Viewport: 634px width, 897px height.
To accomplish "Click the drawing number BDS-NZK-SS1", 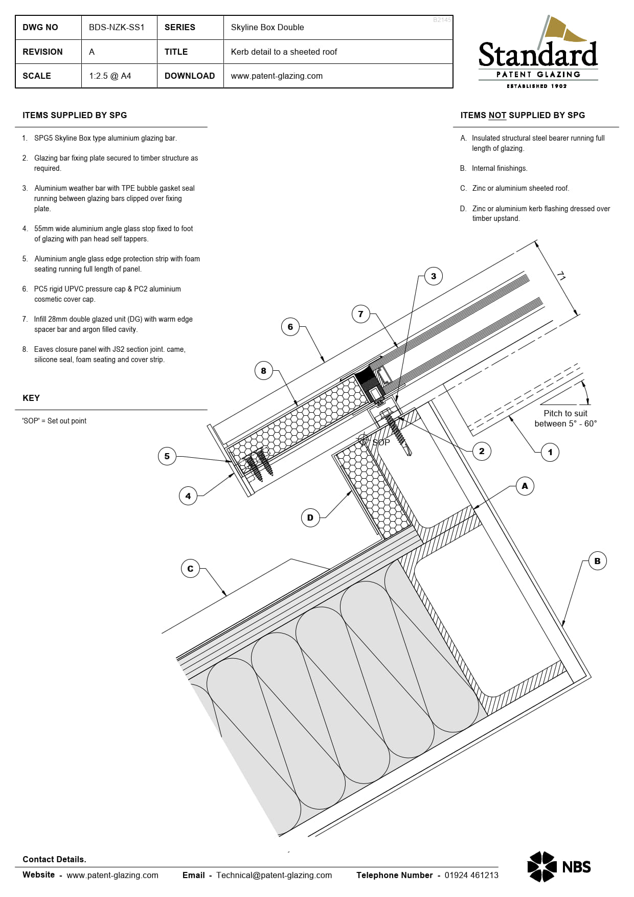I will (x=117, y=28).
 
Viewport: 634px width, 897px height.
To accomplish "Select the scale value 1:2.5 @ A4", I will (x=110, y=76).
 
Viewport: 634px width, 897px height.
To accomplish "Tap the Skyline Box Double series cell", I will (x=267, y=28).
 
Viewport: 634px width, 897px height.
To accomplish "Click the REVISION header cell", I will (x=43, y=52).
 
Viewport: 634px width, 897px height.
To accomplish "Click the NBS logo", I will (x=559, y=866).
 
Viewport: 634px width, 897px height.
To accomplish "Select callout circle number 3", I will (x=434, y=276).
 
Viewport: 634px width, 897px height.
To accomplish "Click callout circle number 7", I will (x=360, y=314).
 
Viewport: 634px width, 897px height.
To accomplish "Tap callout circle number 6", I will (x=290, y=327).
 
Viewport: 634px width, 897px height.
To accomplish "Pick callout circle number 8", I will (x=263, y=371).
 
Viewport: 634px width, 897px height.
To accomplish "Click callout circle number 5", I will (x=167, y=456).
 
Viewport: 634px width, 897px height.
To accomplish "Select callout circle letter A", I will (x=525, y=486).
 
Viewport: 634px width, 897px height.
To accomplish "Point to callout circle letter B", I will (x=597, y=561).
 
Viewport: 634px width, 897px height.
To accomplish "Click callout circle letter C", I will (x=190, y=569).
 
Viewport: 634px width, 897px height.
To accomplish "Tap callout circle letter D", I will (x=310, y=518).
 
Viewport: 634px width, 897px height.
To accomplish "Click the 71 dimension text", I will (x=561, y=276).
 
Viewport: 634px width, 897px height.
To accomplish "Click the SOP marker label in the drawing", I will (x=381, y=442).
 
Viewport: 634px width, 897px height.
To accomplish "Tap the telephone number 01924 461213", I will (x=471, y=875).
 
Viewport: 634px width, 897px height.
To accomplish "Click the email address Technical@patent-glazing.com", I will (x=274, y=875).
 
